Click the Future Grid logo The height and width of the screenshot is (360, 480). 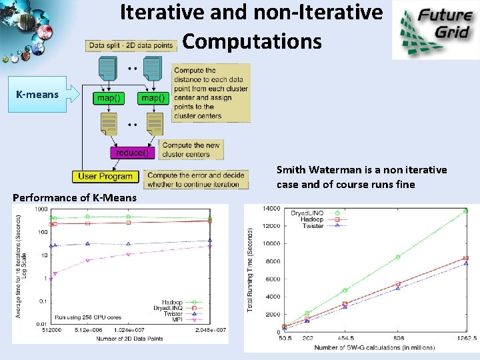click(435, 30)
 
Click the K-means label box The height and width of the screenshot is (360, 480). click(37, 95)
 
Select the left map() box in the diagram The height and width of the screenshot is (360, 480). click(109, 98)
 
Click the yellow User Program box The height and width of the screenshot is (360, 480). click(105, 177)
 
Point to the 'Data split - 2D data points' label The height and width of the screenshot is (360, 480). click(131, 45)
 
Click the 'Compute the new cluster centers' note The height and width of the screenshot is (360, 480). click(191, 149)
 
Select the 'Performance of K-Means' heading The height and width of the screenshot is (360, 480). click(75, 197)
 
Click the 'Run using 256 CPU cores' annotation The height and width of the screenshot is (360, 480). click(88, 317)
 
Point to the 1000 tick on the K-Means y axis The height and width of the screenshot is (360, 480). click(41, 209)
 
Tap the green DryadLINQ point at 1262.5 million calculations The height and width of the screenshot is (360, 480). click(466, 211)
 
